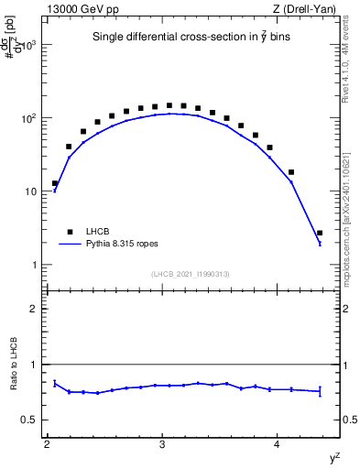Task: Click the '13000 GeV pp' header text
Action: tap(78, 8)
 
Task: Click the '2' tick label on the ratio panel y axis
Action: tap(36, 309)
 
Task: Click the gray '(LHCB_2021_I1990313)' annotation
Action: tap(190, 275)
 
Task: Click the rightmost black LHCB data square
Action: tap(320, 233)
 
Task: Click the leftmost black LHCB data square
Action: tap(55, 183)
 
